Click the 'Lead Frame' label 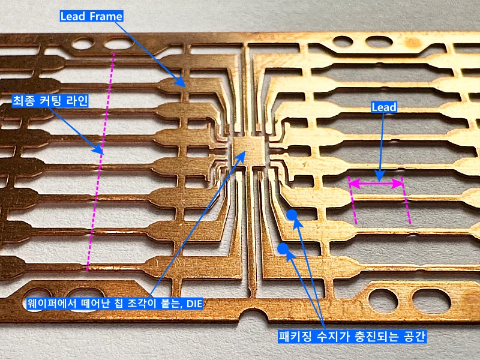pos(91,16)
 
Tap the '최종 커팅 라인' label pos(50,101)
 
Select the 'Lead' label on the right pos(384,107)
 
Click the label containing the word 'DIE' pos(112,304)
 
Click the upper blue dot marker pos(292,215)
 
